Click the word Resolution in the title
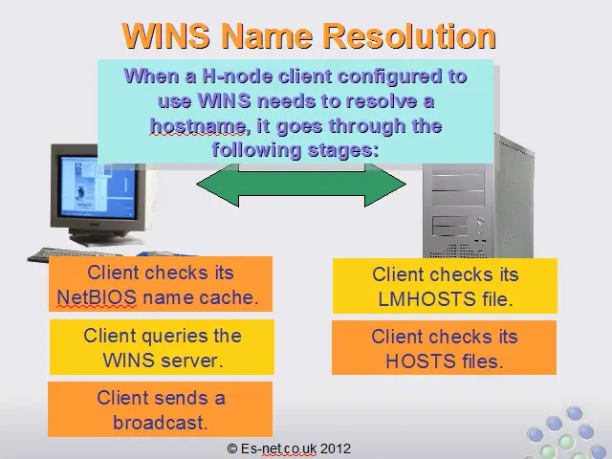[410, 36]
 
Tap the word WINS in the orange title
[165, 36]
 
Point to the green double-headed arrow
[301, 185]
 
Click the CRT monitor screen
[98, 186]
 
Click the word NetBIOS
[97, 297]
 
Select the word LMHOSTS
[427, 299]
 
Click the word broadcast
[160, 423]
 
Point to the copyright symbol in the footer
[232, 448]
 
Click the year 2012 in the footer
[336, 448]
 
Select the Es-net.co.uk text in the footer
[278, 448]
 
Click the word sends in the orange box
[180, 399]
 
